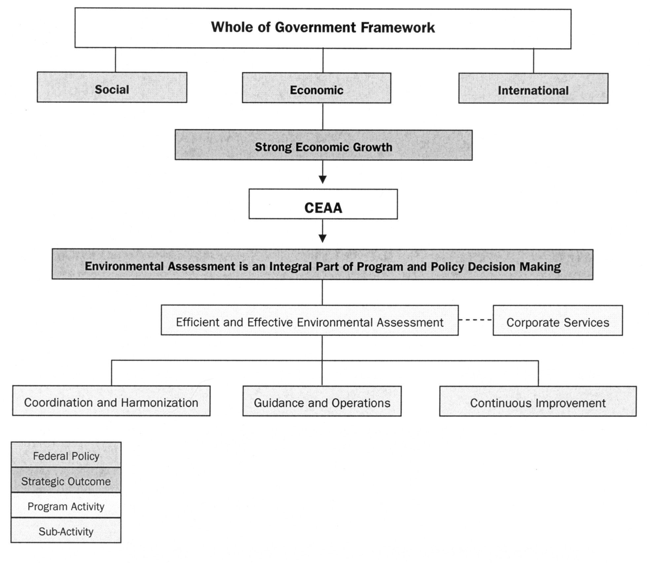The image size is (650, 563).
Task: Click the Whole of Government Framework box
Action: (323, 28)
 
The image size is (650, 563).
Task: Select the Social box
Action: (112, 88)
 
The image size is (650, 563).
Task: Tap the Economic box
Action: (316, 89)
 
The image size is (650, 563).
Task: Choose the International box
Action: (533, 89)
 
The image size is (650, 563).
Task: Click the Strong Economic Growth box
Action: (323, 145)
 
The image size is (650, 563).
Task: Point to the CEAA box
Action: (323, 205)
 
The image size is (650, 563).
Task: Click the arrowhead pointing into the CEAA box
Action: (323, 179)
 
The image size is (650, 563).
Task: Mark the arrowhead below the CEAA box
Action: (323, 238)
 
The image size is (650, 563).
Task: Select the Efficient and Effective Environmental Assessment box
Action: (309, 320)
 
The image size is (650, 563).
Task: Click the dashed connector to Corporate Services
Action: (475, 320)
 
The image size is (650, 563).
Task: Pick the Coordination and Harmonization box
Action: (111, 401)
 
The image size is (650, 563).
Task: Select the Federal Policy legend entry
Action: (66, 455)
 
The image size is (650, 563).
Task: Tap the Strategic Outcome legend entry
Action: (66, 480)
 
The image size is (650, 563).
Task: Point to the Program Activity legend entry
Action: (66, 506)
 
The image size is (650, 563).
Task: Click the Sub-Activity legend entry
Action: (66, 531)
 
